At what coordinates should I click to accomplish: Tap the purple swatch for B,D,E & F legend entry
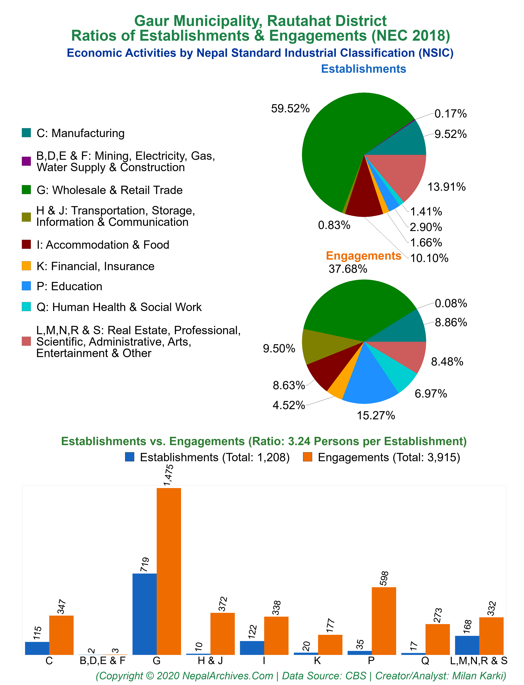tap(26, 161)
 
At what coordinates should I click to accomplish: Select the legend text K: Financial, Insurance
tap(95, 266)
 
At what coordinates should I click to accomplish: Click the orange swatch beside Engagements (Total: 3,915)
tap(308, 457)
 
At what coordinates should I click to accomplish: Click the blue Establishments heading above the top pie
tap(364, 69)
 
